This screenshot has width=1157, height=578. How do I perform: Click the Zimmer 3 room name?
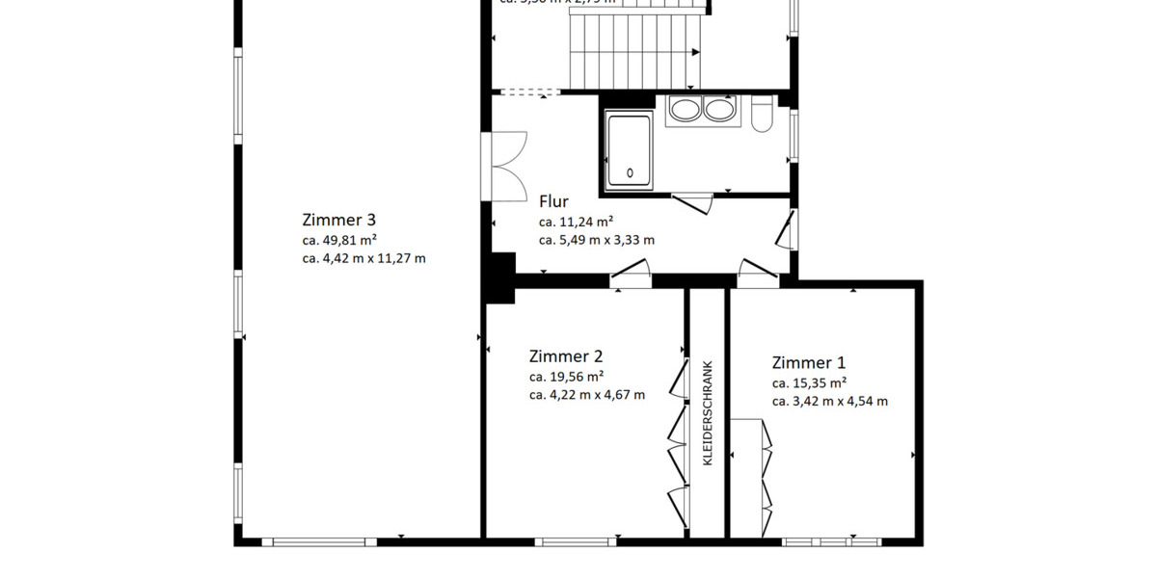[338, 219]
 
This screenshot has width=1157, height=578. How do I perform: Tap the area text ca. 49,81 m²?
[339, 240]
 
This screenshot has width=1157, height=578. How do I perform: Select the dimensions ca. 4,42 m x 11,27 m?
[363, 258]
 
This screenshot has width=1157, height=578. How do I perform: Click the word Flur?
[553, 201]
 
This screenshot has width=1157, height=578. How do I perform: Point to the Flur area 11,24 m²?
[577, 222]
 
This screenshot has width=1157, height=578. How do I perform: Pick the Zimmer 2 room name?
[566, 355]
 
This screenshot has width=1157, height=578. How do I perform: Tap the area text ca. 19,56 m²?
[566, 377]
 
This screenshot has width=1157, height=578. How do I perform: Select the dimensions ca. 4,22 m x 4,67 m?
[586, 395]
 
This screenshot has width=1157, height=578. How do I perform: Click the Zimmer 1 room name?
[808, 362]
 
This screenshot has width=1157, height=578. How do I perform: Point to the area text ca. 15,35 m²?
[809, 383]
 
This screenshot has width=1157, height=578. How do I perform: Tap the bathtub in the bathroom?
[630, 148]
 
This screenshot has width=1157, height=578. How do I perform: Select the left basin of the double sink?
[684, 109]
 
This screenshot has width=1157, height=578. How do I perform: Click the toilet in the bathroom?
[761, 116]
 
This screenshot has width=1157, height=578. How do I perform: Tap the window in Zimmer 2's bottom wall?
[576, 542]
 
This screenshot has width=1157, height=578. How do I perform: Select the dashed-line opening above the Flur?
[529, 92]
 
